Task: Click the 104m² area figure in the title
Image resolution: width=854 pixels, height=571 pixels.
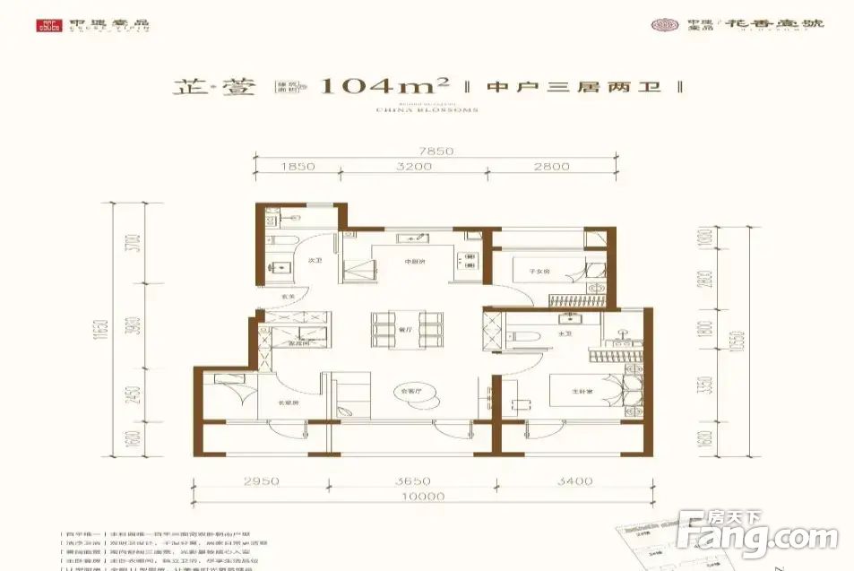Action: click(384, 87)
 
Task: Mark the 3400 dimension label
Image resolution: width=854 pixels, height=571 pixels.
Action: click(574, 481)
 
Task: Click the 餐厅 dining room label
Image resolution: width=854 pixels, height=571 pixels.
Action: click(403, 330)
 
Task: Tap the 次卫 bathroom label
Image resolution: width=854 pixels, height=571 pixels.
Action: click(315, 261)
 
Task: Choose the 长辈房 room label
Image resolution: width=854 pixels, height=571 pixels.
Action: click(287, 402)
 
